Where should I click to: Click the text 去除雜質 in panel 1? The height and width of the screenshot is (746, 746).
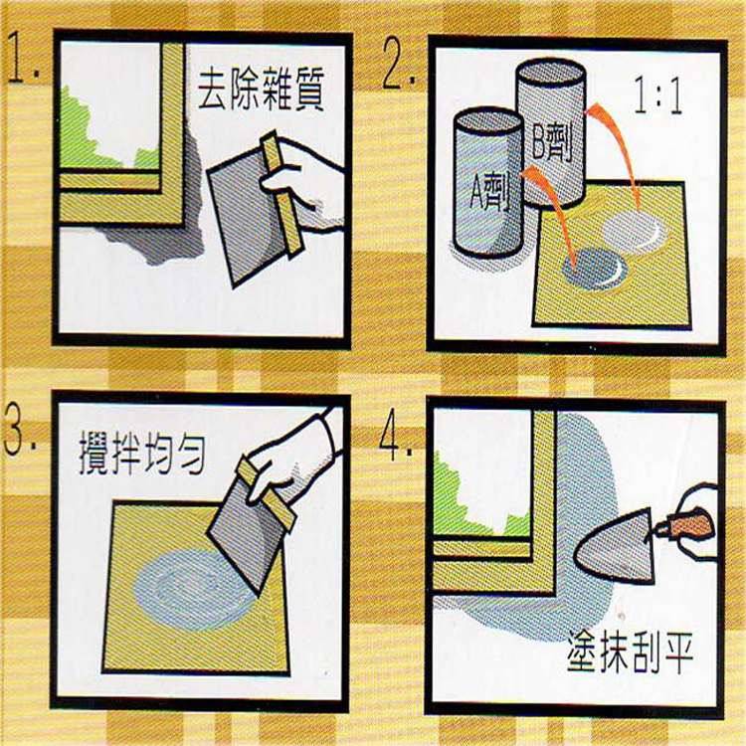[262, 90]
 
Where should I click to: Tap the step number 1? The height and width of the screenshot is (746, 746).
[24, 58]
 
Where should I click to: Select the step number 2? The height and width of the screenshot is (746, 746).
[399, 65]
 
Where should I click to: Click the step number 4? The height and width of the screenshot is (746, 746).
[396, 437]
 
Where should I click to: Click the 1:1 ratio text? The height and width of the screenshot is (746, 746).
[658, 96]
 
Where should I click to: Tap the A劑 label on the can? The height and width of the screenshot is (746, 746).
[489, 193]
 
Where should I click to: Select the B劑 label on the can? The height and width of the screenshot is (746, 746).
[552, 143]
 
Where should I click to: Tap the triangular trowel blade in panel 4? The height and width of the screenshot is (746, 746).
[617, 547]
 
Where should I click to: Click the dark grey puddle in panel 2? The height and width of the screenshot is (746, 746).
[595, 269]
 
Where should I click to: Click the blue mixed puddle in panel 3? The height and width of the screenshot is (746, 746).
[190, 590]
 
